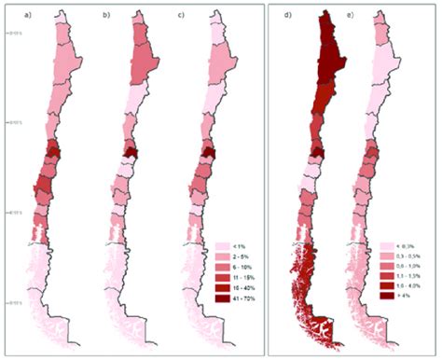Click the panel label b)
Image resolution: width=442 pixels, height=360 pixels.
point(106,15)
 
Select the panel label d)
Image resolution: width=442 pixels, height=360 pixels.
point(278,15)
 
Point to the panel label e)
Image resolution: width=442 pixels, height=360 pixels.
point(354,15)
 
